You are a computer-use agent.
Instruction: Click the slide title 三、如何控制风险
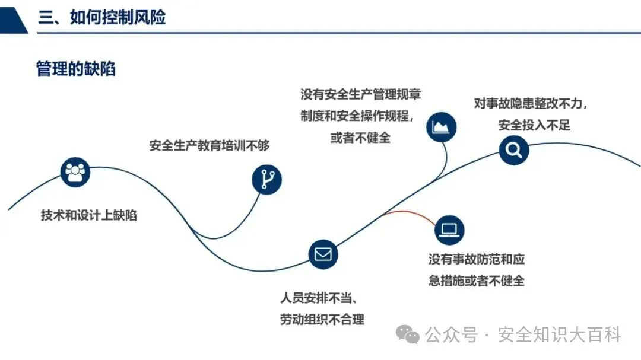[x=101, y=17]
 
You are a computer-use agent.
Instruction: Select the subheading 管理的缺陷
[x=75, y=69]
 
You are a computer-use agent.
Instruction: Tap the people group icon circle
[x=75, y=172]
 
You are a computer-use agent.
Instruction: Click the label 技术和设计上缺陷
[x=88, y=215]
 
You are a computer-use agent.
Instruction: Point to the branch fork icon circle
[x=267, y=179]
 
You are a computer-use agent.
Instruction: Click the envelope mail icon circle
[x=323, y=254]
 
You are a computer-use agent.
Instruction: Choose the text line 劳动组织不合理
[x=322, y=319]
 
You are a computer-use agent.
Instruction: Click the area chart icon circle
[x=442, y=126]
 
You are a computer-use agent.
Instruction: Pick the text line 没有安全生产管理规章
[x=360, y=94]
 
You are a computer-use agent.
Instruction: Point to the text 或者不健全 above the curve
[x=360, y=138]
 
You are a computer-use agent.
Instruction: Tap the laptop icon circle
[x=449, y=230]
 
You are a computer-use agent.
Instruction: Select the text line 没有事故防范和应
[x=477, y=259]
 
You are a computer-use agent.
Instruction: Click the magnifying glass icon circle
[x=513, y=149]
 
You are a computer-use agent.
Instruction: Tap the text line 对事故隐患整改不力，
[x=531, y=103]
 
